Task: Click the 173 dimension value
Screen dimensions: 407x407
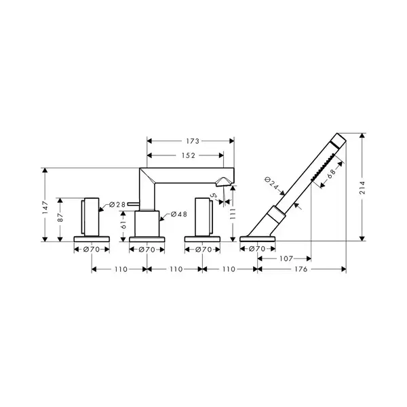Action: pyautogui.click(x=193, y=141)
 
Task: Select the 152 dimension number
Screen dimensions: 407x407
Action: pyautogui.click(x=188, y=155)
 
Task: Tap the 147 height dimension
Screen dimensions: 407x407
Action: pyautogui.click(x=45, y=207)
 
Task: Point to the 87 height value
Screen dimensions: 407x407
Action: pyautogui.click(x=60, y=217)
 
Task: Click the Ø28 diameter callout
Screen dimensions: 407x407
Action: pyautogui.click(x=117, y=205)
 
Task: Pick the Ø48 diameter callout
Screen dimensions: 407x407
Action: pyautogui.click(x=179, y=214)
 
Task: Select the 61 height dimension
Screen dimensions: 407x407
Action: pyautogui.click(x=124, y=225)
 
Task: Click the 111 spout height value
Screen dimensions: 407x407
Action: pyautogui.click(x=233, y=214)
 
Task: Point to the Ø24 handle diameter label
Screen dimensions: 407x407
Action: pyautogui.click(x=271, y=183)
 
